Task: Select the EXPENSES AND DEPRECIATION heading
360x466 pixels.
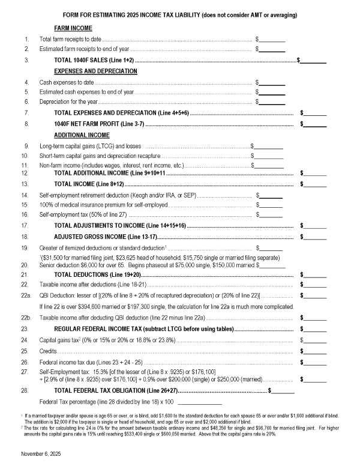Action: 96,71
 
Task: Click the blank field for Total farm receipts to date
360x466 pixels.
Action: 272,40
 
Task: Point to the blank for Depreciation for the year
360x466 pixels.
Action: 272,103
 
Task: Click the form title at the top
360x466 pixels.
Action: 180,14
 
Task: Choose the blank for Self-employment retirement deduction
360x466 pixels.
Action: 271,196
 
